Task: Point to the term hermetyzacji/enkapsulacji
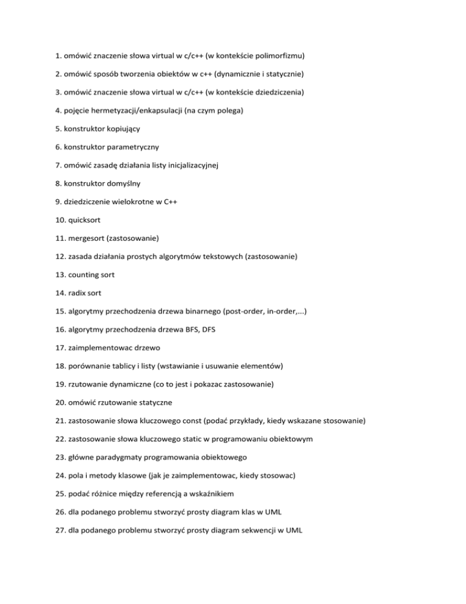coord(145,111)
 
